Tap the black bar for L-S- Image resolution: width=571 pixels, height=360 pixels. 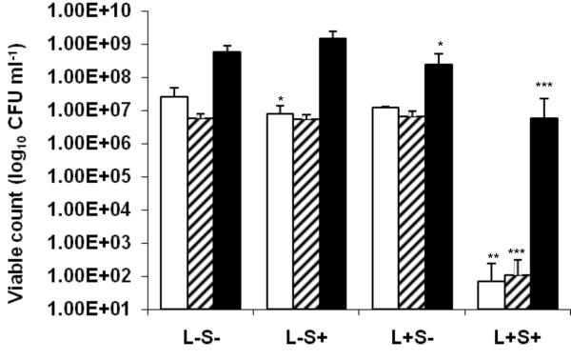(x=227, y=180)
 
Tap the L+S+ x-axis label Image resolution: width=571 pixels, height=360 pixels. (x=518, y=338)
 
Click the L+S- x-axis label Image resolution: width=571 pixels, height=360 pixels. (x=412, y=338)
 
